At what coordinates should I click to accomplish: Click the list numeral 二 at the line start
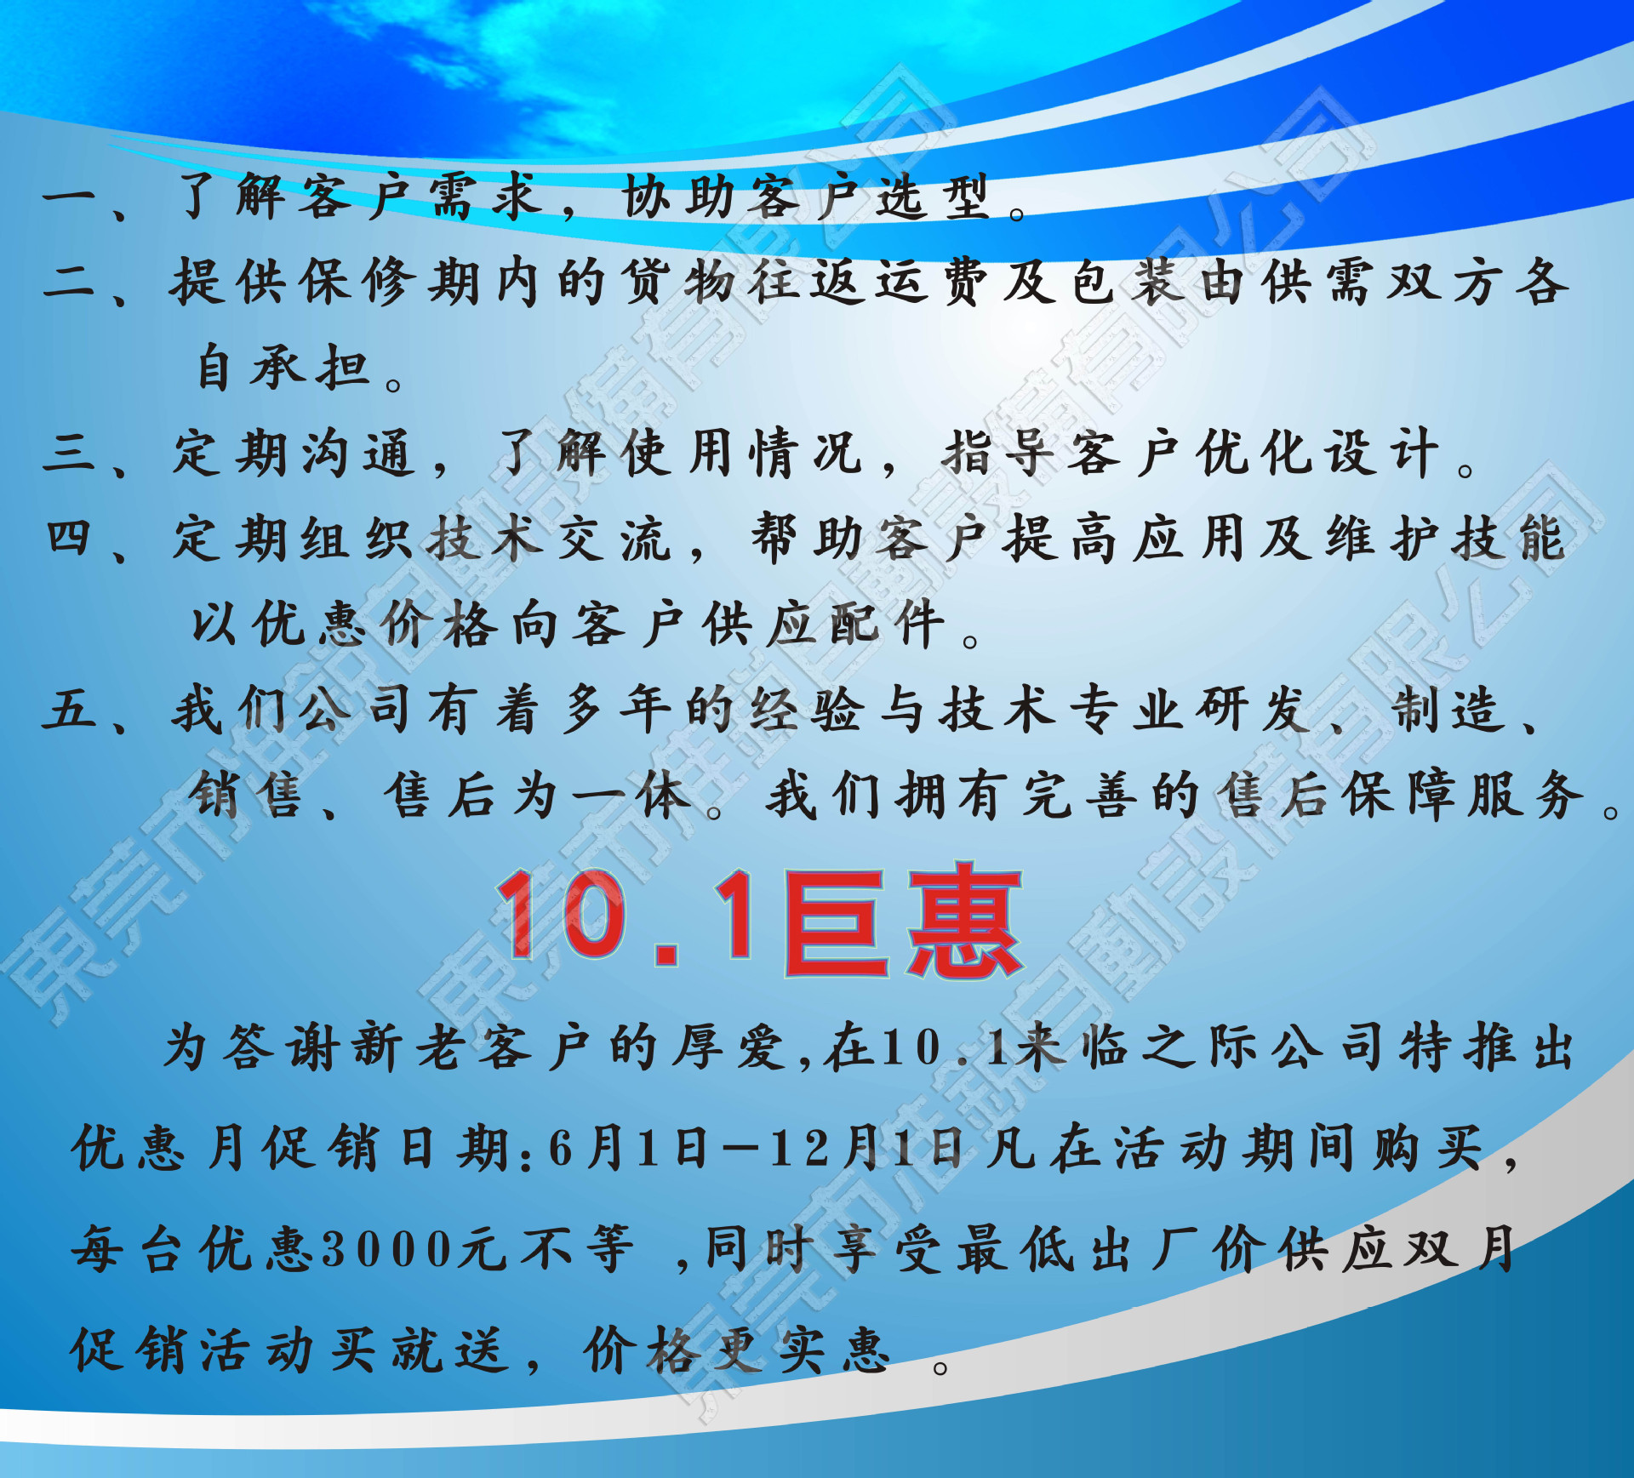(x=69, y=281)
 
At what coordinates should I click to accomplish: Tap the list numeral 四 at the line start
(x=69, y=538)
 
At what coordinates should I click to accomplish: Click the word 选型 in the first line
(x=934, y=197)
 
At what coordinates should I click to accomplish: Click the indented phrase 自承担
(x=283, y=368)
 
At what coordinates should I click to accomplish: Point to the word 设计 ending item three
(x=1383, y=453)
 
